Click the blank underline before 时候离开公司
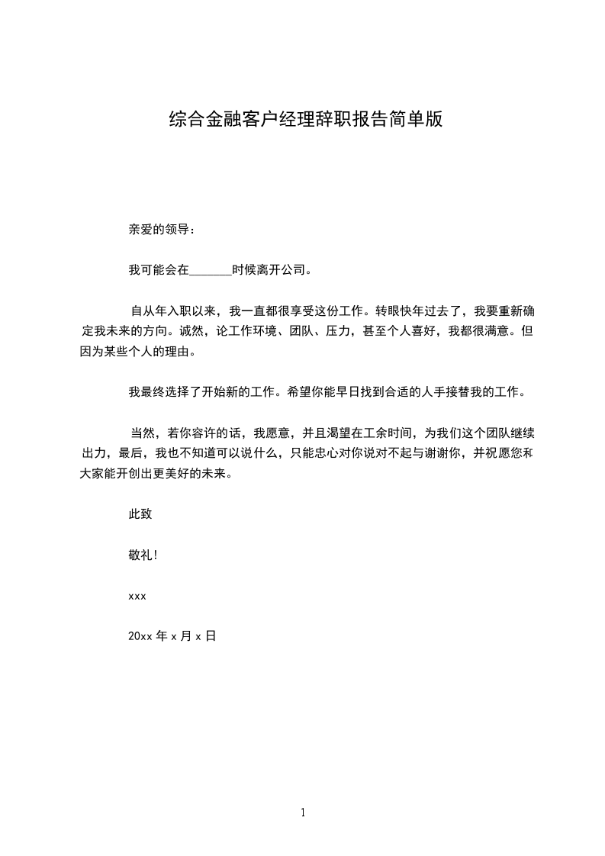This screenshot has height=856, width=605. (209, 269)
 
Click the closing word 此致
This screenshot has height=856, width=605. (140, 514)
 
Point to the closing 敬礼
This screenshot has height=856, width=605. (141, 555)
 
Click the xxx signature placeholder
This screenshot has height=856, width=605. (137, 595)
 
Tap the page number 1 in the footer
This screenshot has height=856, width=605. (303, 813)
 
